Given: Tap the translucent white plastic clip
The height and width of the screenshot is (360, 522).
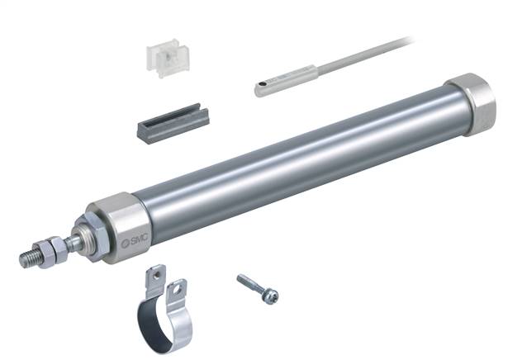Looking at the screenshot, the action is click(168, 58).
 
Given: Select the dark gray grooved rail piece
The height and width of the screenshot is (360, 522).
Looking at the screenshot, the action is click(173, 123).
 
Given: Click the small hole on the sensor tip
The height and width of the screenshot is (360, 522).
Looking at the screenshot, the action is click(263, 83).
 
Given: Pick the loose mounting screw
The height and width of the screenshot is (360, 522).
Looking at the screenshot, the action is click(258, 288).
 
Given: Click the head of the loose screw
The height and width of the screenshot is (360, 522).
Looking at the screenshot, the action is click(270, 296).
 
